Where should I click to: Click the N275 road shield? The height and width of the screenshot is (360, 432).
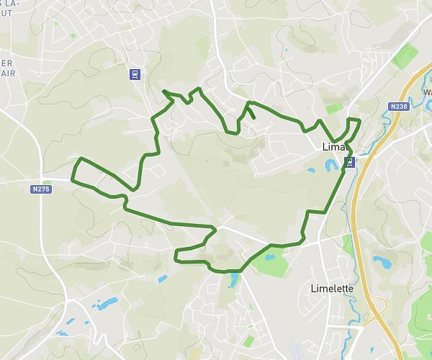tap(41, 189)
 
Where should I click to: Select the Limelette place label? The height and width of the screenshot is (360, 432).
tap(331, 289)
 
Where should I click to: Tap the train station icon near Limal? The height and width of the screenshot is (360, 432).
tap(349, 162)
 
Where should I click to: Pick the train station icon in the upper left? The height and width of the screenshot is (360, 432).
tap(134, 74)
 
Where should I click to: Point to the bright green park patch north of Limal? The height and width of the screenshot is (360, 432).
tap(334, 109)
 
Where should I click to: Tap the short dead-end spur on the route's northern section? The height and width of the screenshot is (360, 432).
tap(251, 113)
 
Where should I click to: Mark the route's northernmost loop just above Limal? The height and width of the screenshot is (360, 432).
tap(353, 121)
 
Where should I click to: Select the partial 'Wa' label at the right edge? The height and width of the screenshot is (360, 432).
tap(426, 93)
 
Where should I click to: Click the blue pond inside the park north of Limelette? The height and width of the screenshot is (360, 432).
tap(269, 257)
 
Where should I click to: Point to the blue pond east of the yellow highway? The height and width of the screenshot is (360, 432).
tap(380, 261)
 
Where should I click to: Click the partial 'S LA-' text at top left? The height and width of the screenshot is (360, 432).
tap(9, 4)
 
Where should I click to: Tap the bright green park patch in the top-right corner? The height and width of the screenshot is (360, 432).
tap(405, 55)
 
